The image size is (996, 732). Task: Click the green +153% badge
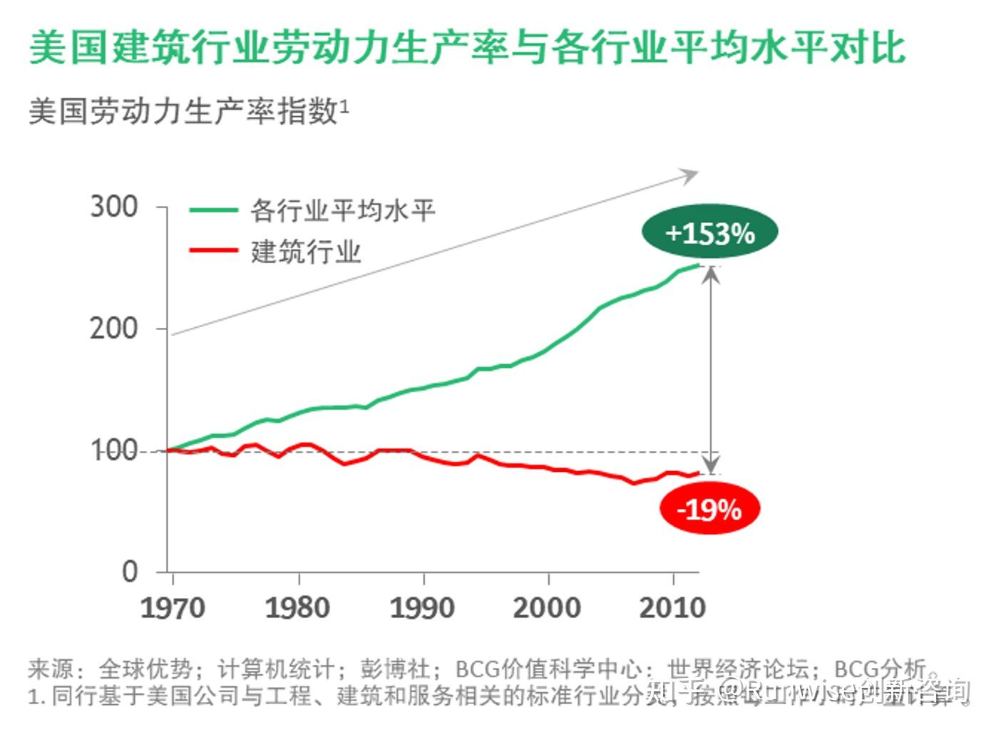pyautogui.click(x=709, y=232)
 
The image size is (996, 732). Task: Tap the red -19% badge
pyautogui.click(x=709, y=509)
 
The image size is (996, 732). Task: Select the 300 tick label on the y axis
pyautogui.click(x=114, y=207)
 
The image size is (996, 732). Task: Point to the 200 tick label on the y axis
pyautogui.click(x=114, y=329)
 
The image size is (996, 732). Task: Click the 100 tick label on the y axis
pyautogui.click(x=114, y=450)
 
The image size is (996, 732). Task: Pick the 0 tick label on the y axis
pyautogui.click(x=130, y=572)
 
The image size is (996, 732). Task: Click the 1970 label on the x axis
pyautogui.click(x=173, y=608)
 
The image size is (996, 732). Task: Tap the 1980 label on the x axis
pyautogui.click(x=297, y=608)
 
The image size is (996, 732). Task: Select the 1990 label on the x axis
pyautogui.click(x=422, y=608)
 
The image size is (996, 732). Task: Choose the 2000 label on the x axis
pyautogui.click(x=547, y=608)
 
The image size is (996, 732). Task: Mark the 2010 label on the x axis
pyautogui.click(x=672, y=608)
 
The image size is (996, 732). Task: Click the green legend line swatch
pyautogui.click(x=213, y=210)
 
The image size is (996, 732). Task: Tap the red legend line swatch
pyautogui.click(x=213, y=250)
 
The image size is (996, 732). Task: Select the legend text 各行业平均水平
pyautogui.click(x=342, y=210)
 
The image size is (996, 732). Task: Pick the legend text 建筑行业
pyautogui.click(x=306, y=252)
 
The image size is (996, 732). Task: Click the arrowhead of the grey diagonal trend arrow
pyautogui.click(x=690, y=174)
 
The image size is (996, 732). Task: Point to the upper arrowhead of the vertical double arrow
pyautogui.click(x=711, y=274)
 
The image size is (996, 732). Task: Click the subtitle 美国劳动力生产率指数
pyautogui.click(x=183, y=112)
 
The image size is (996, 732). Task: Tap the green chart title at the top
pyautogui.click(x=468, y=48)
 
